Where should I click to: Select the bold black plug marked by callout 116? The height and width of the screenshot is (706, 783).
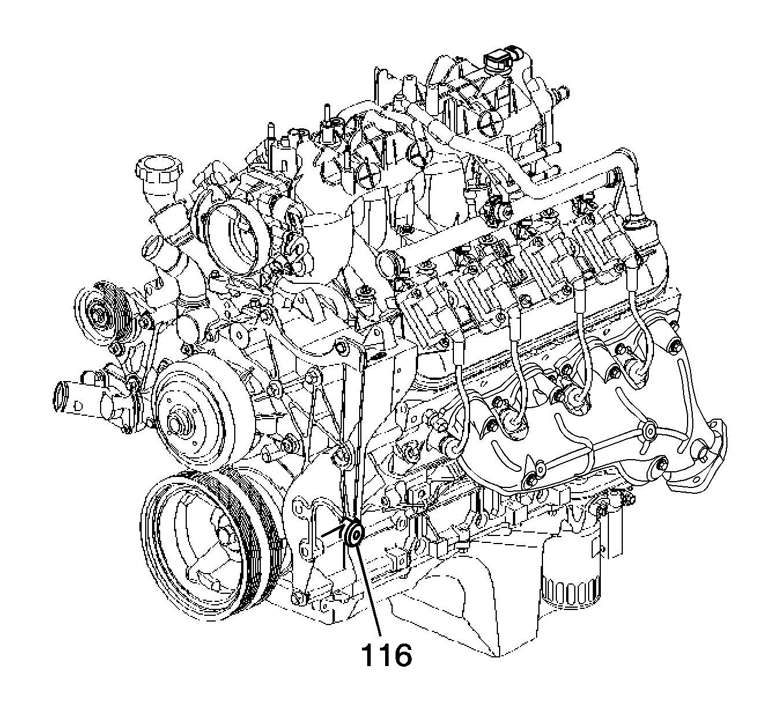tap(354, 534)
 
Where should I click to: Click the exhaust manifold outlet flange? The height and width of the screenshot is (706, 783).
tap(695, 453)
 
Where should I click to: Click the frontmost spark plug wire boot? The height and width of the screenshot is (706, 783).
tap(457, 351)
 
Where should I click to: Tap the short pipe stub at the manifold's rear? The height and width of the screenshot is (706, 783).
tap(563, 93)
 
